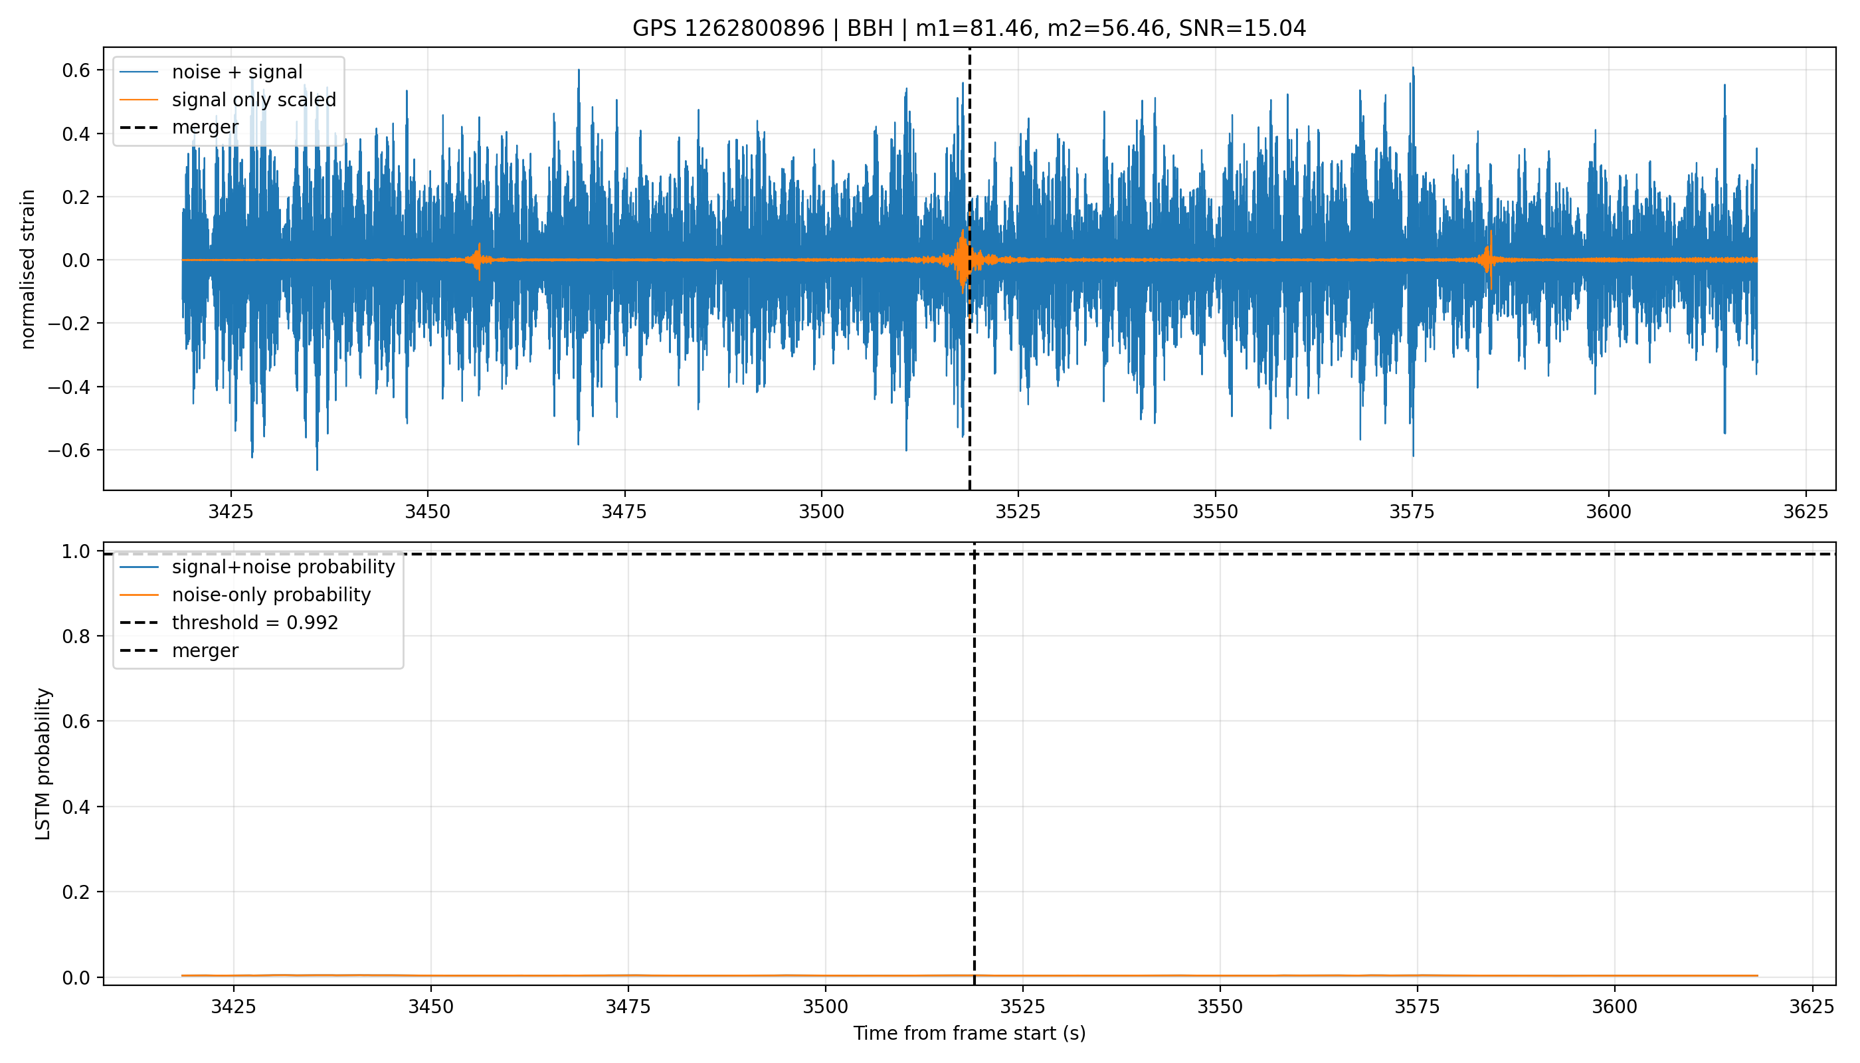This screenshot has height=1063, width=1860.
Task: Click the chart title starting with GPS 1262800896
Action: (x=969, y=29)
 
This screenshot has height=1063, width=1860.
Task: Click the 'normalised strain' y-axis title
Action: (x=28, y=269)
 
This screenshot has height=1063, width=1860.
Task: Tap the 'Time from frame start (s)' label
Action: (x=969, y=1034)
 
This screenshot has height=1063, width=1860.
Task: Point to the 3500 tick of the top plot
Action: (x=821, y=512)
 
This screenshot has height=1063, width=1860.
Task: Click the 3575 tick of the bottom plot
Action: (x=1417, y=1007)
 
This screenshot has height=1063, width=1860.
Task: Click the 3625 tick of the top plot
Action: (x=1806, y=512)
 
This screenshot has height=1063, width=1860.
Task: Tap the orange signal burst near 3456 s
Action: (x=479, y=260)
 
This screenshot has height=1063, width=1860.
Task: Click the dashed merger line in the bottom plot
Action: (x=974, y=763)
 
